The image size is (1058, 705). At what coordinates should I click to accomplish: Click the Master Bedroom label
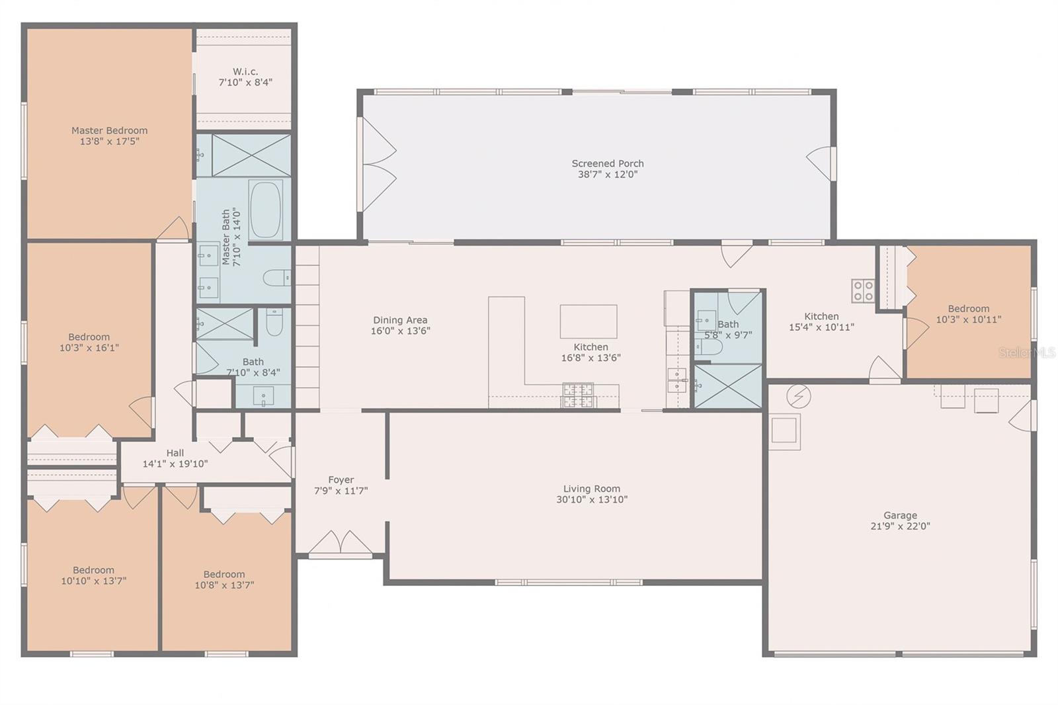pos(110,130)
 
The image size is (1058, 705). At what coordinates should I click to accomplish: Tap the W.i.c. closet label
pos(245,72)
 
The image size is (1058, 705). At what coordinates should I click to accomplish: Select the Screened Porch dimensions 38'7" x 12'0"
pos(608,175)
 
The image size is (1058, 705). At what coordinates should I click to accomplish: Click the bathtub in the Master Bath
pos(265,210)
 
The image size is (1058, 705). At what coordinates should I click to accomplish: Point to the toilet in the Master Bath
pos(277,277)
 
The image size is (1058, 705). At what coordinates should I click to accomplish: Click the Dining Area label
pos(400,320)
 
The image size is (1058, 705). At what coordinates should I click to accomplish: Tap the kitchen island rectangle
pos(589,321)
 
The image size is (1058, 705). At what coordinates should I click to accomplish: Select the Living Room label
pos(592,489)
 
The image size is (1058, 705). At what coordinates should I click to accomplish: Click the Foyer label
pos(341,479)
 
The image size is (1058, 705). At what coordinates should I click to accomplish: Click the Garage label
pos(900,515)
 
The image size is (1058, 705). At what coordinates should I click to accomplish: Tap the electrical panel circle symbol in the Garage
pos(799,396)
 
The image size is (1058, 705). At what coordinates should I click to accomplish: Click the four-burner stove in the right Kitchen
pos(863,290)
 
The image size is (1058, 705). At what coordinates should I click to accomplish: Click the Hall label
pos(175,452)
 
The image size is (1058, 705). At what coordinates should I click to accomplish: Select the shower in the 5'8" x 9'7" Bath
pos(728,386)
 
